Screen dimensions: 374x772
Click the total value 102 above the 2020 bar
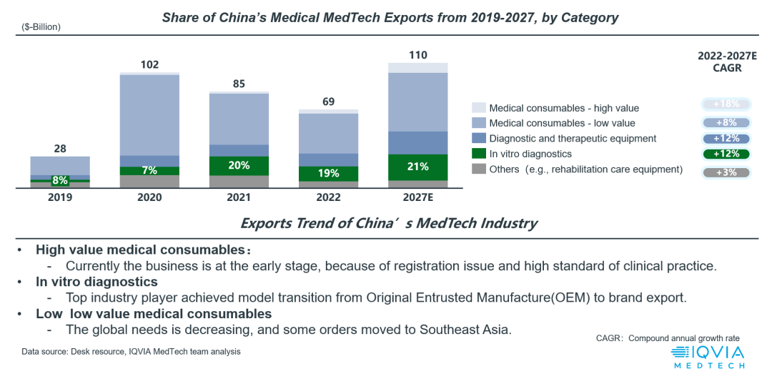[x=149, y=64]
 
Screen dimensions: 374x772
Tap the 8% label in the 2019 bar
[x=60, y=181]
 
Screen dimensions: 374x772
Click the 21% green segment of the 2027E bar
[x=417, y=167]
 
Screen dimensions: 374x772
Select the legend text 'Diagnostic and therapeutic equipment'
[x=573, y=139]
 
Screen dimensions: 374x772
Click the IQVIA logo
[x=708, y=356]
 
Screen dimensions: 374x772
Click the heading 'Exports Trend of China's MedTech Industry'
[x=389, y=223]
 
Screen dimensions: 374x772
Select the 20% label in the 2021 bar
[x=239, y=165]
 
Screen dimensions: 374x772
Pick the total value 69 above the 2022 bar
[x=328, y=102]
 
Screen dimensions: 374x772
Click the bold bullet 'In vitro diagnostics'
[x=96, y=282]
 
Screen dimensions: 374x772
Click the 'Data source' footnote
[x=131, y=352]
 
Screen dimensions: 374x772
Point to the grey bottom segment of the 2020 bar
[x=149, y=182]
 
